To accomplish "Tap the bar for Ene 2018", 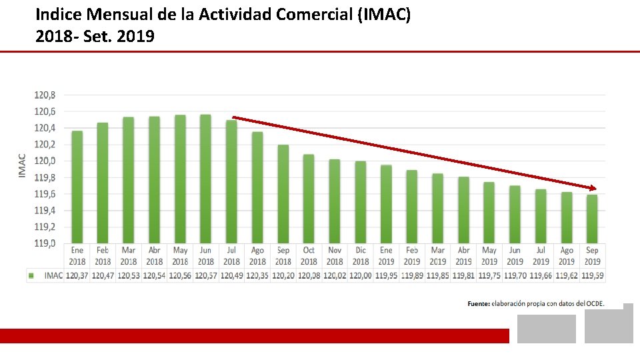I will tap(77, 187).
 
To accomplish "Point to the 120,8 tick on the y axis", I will tap(45, 95).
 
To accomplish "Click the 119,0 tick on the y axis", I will tap(45, 243).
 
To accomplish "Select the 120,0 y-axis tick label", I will tap(45, 161).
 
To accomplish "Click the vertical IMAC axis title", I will tap(22, 166).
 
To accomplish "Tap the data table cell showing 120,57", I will tap(205, 275).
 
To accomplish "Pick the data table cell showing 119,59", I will tap(592, 275).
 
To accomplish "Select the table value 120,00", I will tap(360, 275).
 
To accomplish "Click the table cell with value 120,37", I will tap(77, 275).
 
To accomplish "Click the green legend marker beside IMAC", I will tap(31, 275).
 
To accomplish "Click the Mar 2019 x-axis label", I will tap(437, 256).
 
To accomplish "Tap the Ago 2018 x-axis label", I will tap(257, 256).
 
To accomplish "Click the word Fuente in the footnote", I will tap(479, 303).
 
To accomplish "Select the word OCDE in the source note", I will tap(595, 303).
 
